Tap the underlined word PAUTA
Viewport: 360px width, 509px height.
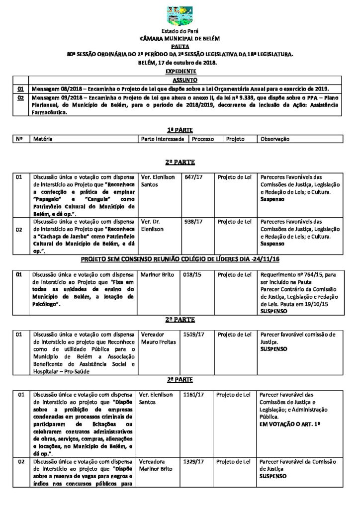180,45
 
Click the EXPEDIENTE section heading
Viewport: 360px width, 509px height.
180,72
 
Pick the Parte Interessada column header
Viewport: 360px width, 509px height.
163,139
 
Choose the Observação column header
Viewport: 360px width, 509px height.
274,139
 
